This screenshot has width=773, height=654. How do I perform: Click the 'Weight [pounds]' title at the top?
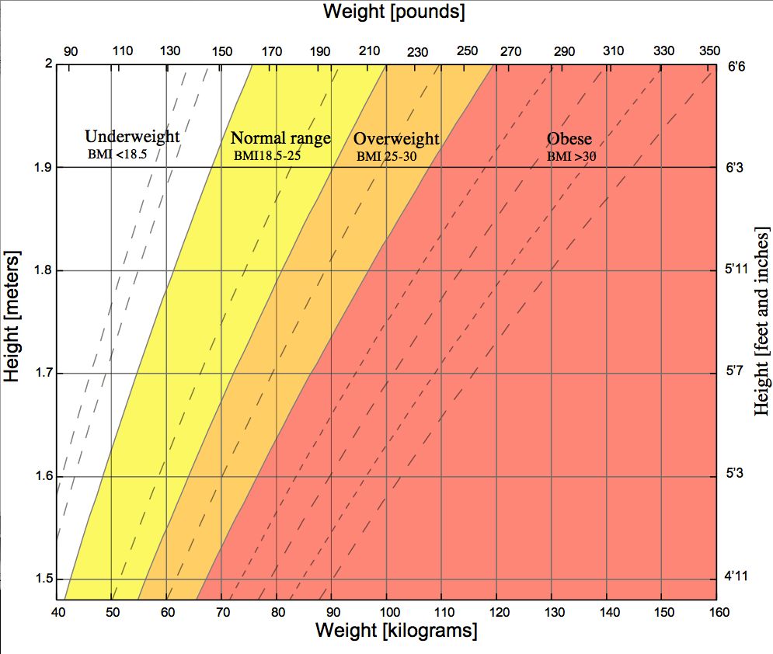point(394,12)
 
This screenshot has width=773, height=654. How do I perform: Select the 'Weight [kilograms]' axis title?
point(395,631)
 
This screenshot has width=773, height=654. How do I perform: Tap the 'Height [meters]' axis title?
point(12,316)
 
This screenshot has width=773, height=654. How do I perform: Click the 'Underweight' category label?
point(132,137)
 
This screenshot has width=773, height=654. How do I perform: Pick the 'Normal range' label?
point(280,139)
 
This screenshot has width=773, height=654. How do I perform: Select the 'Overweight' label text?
point(396,139)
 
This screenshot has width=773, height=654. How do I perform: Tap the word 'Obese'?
point(569,139)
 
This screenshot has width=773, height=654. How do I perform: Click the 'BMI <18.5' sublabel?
point(117,155)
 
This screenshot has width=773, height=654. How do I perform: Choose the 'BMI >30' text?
point(571,156)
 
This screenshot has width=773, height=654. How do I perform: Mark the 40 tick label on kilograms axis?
point(58,613)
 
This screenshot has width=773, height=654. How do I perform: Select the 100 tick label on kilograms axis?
point(388,613)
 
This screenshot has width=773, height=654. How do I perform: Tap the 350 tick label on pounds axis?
point(709,51)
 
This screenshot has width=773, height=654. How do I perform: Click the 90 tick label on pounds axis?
point(71,51)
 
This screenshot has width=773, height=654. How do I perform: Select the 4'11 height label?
point(736,576)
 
